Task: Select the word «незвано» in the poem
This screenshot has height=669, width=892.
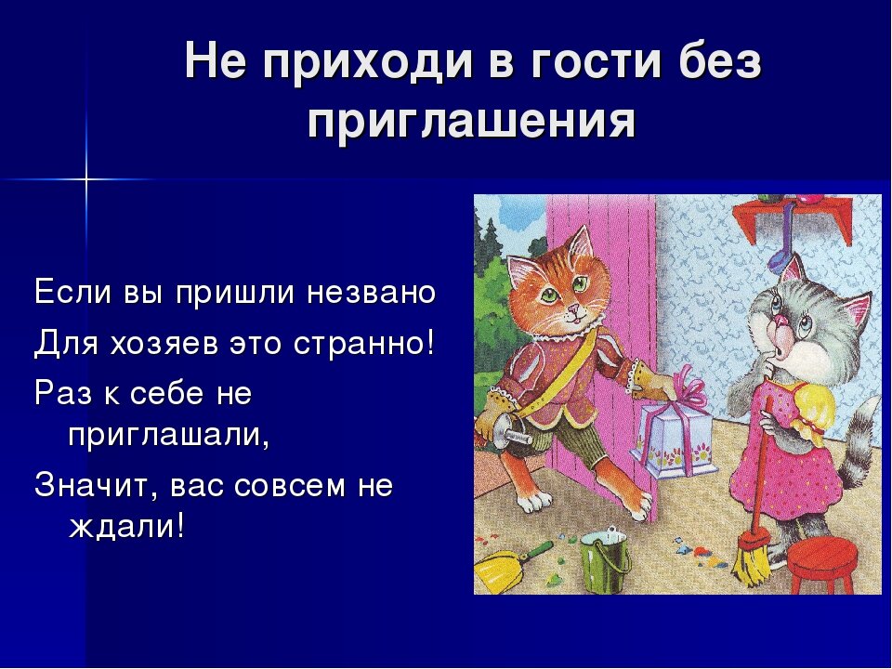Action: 372,294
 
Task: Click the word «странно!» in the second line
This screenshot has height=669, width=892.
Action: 363,343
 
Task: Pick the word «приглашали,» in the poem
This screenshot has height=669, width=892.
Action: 168,438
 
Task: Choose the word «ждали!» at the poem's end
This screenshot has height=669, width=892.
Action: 126,527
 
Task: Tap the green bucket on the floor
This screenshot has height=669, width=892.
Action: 605,560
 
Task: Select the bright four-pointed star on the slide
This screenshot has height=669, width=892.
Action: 86,179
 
